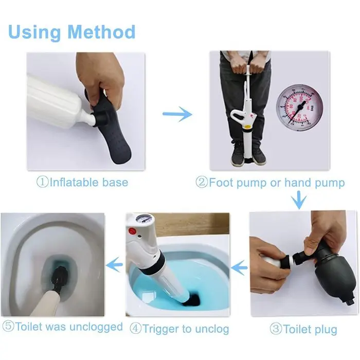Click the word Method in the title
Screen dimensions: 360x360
pos(101,32)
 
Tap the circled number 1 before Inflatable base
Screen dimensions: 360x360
pos(43,182)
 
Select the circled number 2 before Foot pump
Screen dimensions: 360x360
pos(202,182)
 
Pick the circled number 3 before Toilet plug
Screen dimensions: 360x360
pos(276,329)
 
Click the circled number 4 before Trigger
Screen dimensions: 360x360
pos(136,329)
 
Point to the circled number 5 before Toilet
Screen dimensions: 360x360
pos(8,326)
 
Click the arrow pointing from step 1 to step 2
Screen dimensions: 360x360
pos(177,114)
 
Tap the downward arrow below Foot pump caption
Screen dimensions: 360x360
pos(299,200)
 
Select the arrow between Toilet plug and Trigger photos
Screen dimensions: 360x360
pos(239,267)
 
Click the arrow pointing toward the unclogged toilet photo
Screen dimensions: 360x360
pos(114,265)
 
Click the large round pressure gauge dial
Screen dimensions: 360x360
pos(299,107)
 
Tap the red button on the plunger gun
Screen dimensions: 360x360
pos(132,230)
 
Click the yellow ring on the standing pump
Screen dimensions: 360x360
pos(247,127)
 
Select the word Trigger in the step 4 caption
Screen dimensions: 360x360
pos(161,329)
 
